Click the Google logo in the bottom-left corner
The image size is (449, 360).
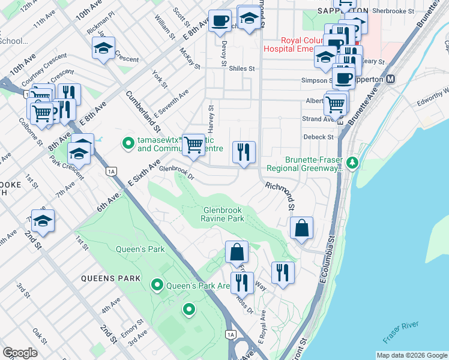pos(20,353)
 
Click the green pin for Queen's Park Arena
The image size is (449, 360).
pos(158,285)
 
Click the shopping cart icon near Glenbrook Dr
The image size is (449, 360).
pos(193,145)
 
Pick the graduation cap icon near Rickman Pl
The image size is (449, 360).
pos(103,48)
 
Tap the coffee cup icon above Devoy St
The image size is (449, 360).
pos(219,20)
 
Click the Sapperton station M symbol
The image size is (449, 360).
pos(391,79)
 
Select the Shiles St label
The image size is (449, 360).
pos(242,68)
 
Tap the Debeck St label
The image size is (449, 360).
pos(319,137)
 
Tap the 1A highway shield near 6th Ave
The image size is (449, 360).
pos(110,171)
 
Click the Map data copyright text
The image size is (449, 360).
pos(411,355)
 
